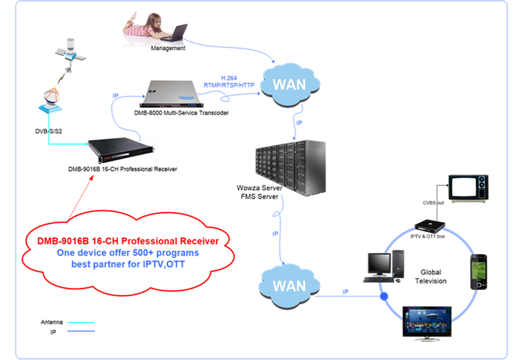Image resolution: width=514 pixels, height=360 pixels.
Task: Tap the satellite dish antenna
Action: tap(51, 100)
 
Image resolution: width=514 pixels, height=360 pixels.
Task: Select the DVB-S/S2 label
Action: tap(49, 131)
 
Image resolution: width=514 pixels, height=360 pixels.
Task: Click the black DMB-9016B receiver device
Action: tap(121, 150)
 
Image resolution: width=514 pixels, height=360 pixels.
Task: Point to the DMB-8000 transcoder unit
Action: tap(171, 94)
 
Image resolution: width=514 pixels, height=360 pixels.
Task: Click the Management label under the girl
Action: tap(168, 48)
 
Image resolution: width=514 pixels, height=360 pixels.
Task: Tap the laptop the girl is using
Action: tap(176, 33)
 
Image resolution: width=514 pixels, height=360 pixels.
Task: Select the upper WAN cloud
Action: tap(290, 85)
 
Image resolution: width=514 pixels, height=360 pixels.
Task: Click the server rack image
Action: tap(291, 168)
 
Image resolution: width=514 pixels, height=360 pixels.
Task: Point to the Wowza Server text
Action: tap(259, 188)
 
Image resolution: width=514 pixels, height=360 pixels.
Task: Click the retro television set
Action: tap(468, 188)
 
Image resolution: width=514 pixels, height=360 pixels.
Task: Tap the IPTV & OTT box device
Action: tap(430, 226)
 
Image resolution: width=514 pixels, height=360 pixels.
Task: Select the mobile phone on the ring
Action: tap(478, 272)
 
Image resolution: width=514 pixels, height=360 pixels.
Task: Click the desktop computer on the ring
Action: tap(383, 266)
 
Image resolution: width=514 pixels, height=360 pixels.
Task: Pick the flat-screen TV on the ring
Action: tap(427, 323)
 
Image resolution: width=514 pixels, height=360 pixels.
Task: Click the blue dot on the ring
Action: tap(384, 296)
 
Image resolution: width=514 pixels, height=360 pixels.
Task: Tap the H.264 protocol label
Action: tap(229, 78)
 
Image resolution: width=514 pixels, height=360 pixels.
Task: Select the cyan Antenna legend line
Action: tap(81, 323)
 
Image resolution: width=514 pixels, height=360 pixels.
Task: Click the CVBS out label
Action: tap(433, 203)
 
